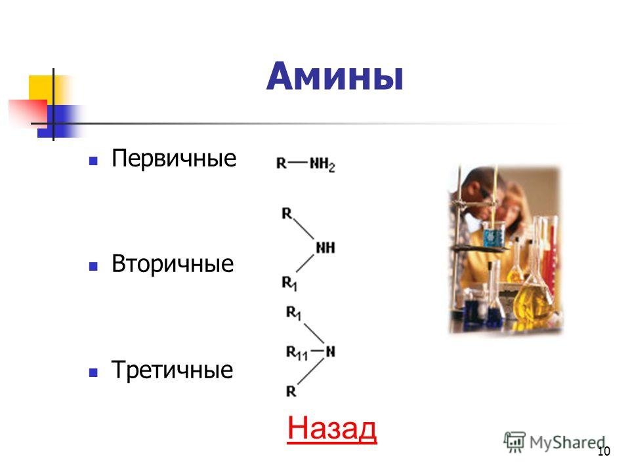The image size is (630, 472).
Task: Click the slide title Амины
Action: (x=335, y=76)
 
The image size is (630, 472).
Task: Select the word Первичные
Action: (x=173, y=158)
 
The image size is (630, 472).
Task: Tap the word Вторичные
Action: (x=173, y=264)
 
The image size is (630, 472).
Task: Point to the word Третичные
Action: (x=172, y=369)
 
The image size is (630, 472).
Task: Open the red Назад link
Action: (x=332, y=428)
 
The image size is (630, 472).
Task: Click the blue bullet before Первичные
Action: (x=93, y=161)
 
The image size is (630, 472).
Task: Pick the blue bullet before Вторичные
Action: (x=93, y=267)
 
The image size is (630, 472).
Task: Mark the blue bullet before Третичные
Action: (x=93, y=372)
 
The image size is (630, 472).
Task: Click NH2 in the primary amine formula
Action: (x=322, y=165)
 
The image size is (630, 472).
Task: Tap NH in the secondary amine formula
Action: (x=325, y=248)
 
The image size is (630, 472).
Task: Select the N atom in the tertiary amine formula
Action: (x=330, y=351)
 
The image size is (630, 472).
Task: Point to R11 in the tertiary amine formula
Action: (x=297, y=353)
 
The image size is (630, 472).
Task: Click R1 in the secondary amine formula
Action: (x=289, y=283)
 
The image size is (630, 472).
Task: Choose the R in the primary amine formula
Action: (x=282, y=163)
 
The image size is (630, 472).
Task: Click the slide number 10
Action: (x=604, y=451)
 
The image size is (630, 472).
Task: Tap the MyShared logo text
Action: (x=567, y=442)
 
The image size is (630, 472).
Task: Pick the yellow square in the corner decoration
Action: (x=42, y=88)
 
